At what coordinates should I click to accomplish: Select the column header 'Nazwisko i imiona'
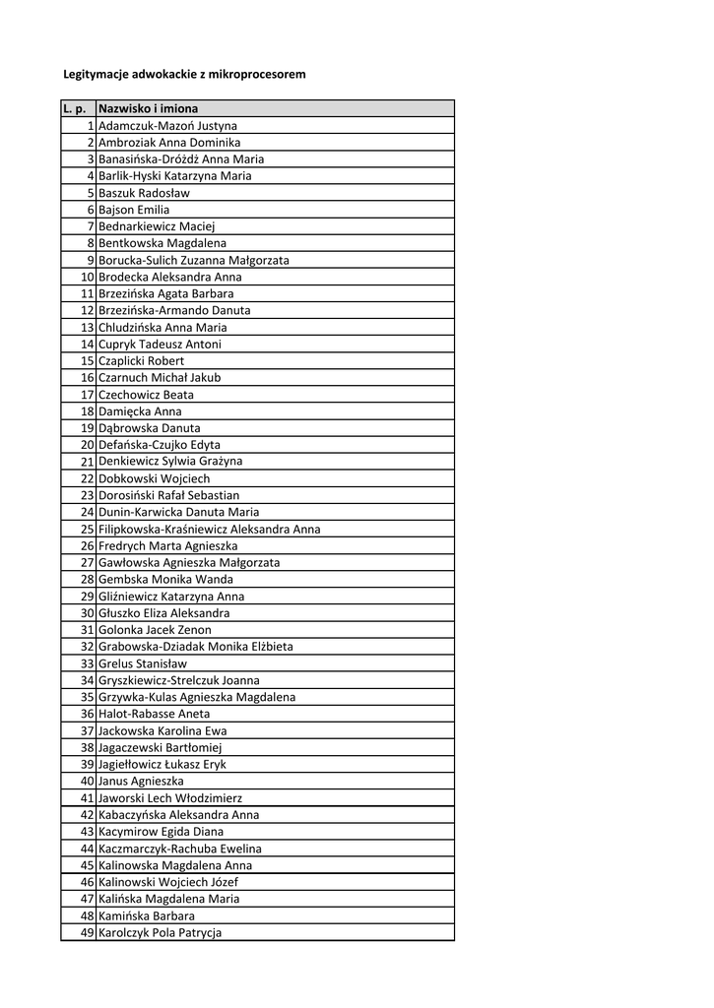pyautogui.click(x=148, y=108)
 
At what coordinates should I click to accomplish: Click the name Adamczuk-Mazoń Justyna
pyautogui.click(x=167, y=126)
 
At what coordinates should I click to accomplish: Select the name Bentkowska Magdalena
pyautogui.click(x=162, y=243)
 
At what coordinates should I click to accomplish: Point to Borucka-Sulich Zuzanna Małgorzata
pyautogui.click(x=193, y=260)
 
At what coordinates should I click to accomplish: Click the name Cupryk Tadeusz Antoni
pyautogui.click(x=160, y=345)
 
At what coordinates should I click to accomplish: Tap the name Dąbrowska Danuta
pyautogui.click(x=149, y=428)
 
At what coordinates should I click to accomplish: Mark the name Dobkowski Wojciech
pyautogui.click(x=154, y=478)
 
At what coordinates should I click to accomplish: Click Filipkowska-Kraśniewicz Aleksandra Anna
pyautogui.click(x=209, y=529)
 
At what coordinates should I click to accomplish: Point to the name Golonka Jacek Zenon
pyautogui.click(x=155, y=630)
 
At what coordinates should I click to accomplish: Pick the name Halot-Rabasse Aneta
pyautogui.click(x=154, y=714)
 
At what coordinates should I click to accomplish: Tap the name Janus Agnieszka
pyautogui.click(x=142, y=781)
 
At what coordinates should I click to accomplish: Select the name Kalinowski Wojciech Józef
pyautogui.click(x=167, y=882)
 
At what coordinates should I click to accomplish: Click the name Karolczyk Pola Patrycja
pyautogui.click(x=160, y=932)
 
